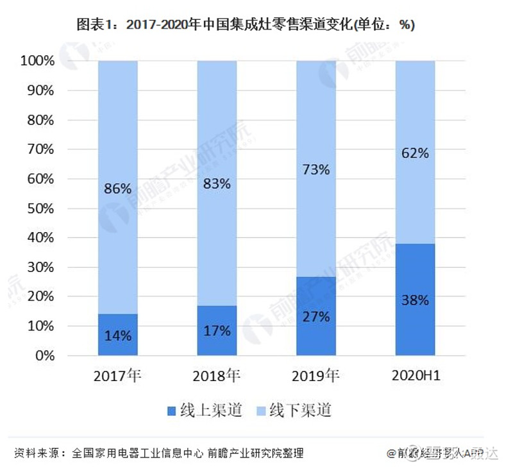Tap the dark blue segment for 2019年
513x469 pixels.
click(315, 295)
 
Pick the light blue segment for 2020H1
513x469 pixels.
click(414, 115)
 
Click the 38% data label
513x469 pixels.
click(414, 300)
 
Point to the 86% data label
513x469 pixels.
click(118, 189)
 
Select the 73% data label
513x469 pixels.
click(315, 170)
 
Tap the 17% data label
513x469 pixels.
click(217, 331)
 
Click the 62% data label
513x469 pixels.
click(414, 153)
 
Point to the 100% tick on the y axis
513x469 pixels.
click(39, 62)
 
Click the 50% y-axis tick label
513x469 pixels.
click(42, 209)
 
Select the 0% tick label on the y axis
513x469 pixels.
click(46, 355)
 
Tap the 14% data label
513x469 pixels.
click(118, 336)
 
